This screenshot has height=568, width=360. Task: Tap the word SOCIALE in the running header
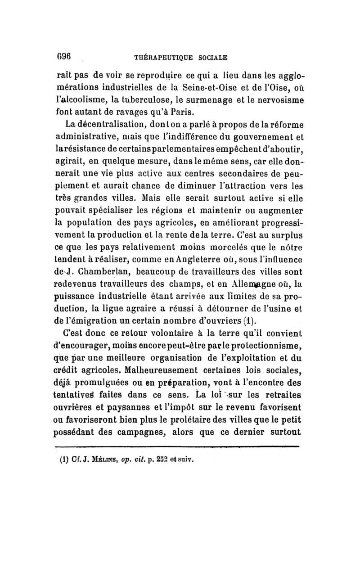point(211,58)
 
